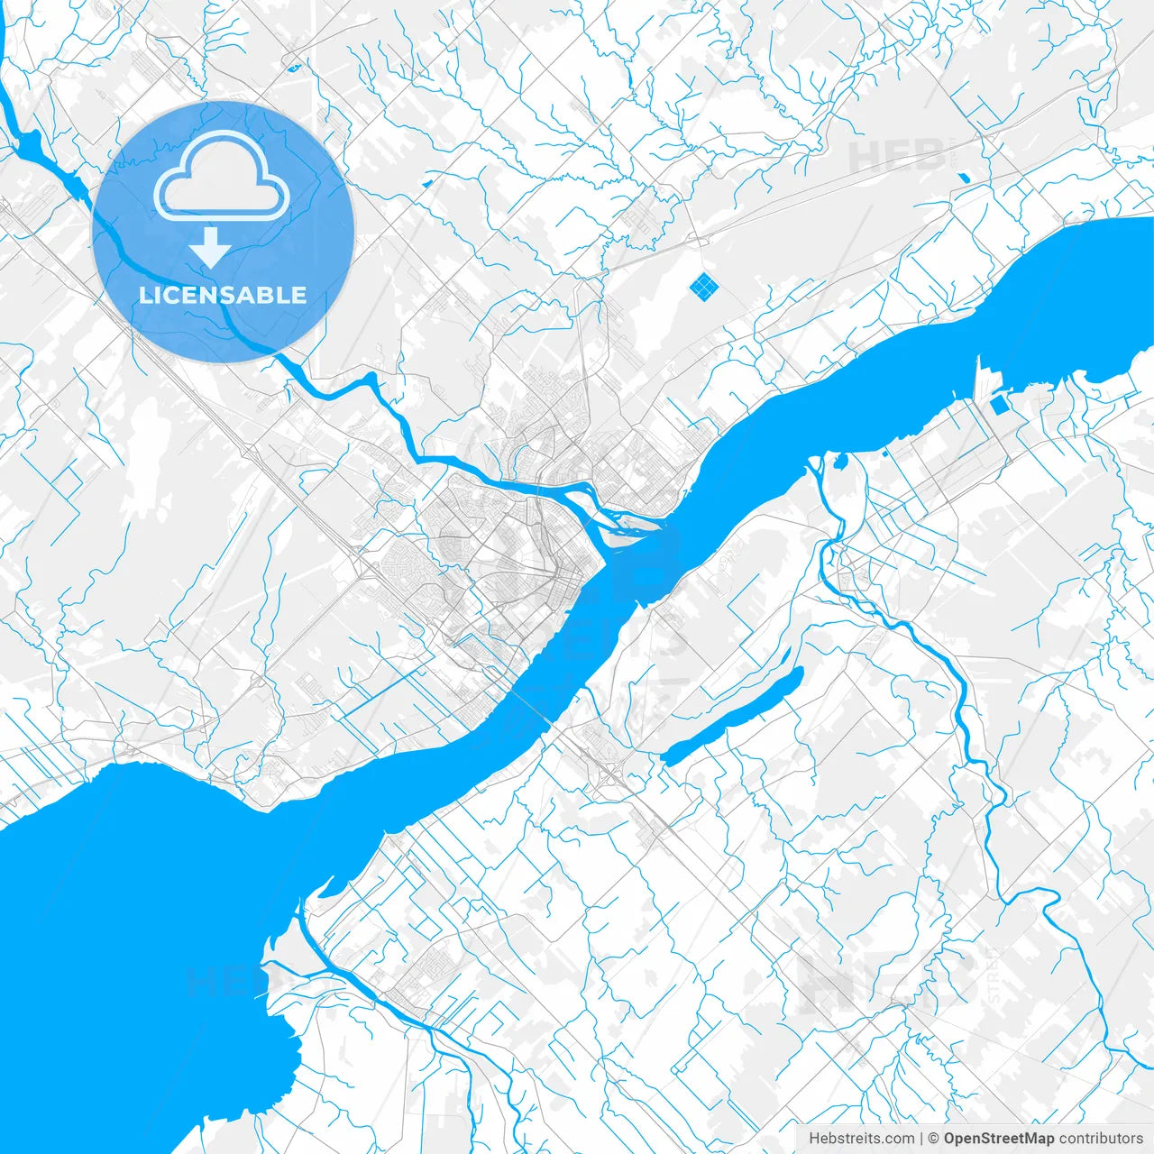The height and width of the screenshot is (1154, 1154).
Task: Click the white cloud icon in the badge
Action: point(222,176)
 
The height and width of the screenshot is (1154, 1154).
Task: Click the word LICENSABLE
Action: point(223,295)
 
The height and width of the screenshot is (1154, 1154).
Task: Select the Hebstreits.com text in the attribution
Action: point(861,1139)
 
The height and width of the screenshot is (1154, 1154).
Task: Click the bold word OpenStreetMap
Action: point(999,1139)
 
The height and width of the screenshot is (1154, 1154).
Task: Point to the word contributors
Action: point(1101,1139)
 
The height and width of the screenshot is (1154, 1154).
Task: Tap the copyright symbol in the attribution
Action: point(934,1139)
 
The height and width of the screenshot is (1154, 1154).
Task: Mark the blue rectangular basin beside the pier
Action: point(1000,406)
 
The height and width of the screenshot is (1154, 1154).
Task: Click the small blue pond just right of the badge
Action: point(426,183)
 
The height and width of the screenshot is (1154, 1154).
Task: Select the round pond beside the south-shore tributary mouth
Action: point(841,463)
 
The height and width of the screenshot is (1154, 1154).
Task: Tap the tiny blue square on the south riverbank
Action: point(886,453)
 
